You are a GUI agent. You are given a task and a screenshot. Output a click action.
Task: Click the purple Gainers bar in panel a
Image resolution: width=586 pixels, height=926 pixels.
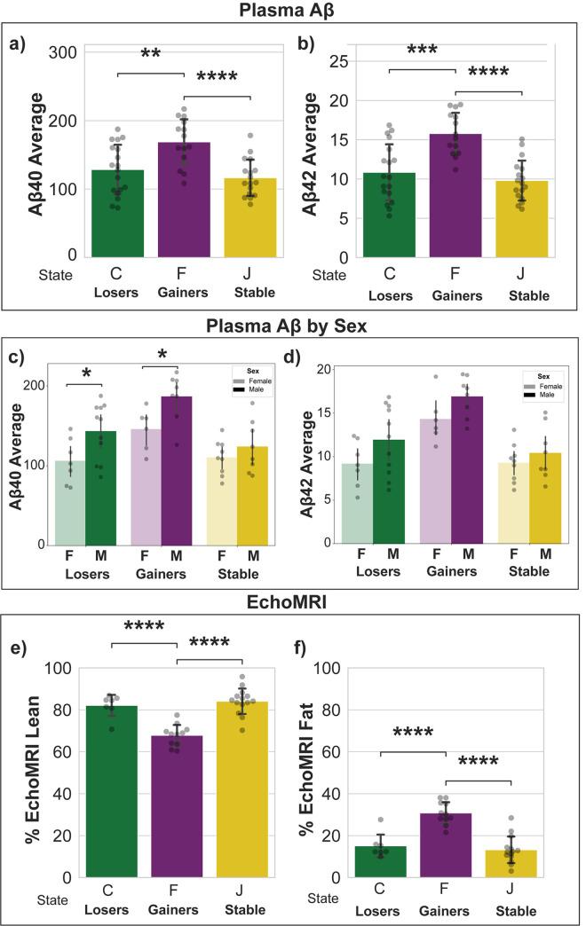(184, 204)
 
